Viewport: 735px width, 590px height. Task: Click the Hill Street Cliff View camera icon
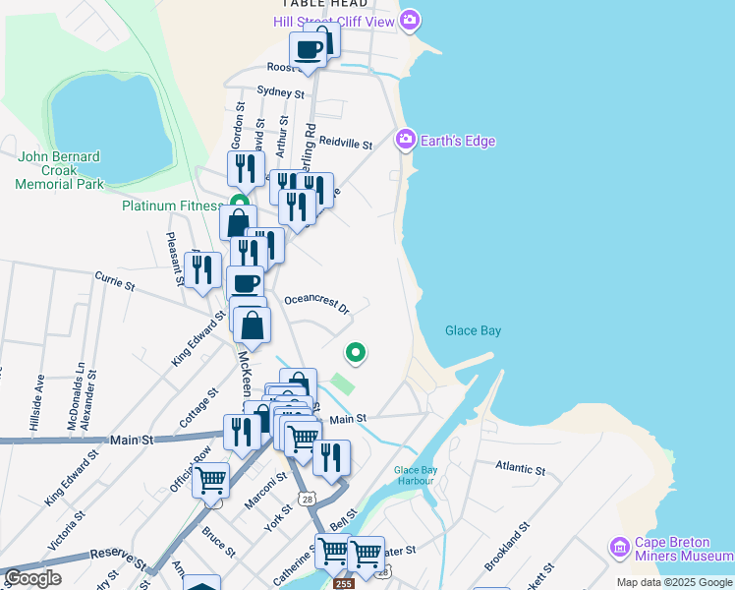pyautogui.click(x=411, y=20)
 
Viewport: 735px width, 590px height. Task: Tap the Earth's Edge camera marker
pyautogui.click(x=405, y=141)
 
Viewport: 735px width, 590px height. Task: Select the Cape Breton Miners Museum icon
pyautogui.click(x=619, y=547)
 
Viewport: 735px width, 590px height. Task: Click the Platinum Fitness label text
pyautogui.click(x=173, y=206)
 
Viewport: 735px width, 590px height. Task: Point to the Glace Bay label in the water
pyautogui.click(x=473, y=331)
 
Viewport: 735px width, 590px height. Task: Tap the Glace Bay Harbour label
pyautogui.click(x=416, y=475)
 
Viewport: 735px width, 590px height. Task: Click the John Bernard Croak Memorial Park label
pyautogui.click(x=60, y=170)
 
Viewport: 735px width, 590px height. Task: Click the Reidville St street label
pyautogui.click(x=346, y=145)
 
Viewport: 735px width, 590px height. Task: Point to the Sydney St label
pyautogui.click(x=280, y=92)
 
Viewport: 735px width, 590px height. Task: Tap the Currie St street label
pyautogui.click(x=114, y=283)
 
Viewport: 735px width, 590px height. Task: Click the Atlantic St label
pyautogui.click(x=520, y=468)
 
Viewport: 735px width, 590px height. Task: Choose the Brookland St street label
pyautogui.click(x=507, y=549)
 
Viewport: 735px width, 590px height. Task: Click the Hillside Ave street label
pyautogui.click(x=39, y=399)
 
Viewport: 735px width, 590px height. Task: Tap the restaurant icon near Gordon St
pyautogui.click(x=246, y=168)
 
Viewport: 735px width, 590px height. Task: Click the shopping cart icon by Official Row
pyautogui.click(x=210, y=481)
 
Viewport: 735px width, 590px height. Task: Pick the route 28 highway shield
pyautogui.click(x=309, y=501)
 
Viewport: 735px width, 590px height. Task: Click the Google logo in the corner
pyautogui.click(x=32, y=578)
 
